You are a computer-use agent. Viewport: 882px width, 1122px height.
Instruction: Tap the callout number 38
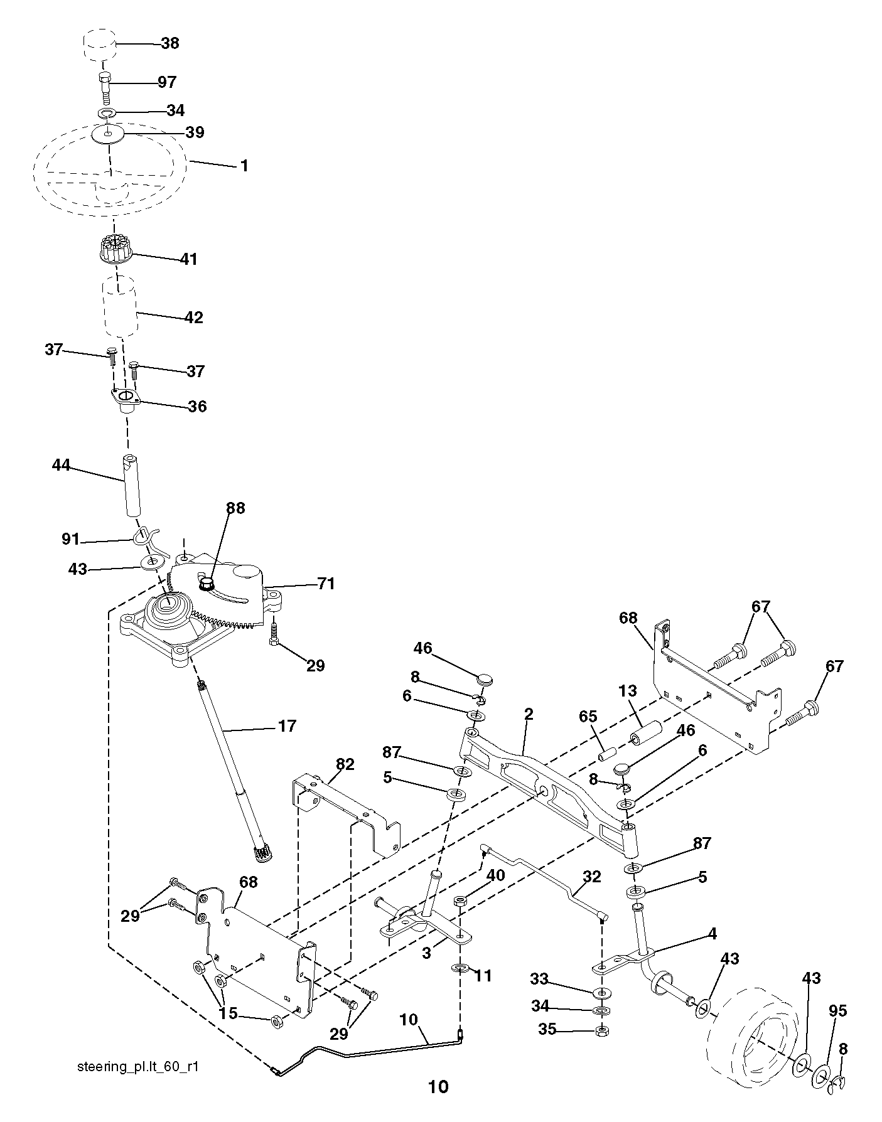[169, 43]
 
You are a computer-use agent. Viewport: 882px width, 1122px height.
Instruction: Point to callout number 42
[193, 318]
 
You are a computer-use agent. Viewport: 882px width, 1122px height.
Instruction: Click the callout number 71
[326, 584]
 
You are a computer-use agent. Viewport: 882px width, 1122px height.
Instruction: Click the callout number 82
[345, 764]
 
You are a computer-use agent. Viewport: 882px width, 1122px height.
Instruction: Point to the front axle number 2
[529, 714]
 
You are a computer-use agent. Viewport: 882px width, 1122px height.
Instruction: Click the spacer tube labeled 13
[647, 732]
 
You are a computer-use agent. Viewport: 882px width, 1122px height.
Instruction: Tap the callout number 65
[588, 717]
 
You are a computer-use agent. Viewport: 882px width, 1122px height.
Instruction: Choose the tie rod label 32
[592, 877]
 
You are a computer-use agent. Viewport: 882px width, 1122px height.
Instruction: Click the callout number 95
[837, 1011]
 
